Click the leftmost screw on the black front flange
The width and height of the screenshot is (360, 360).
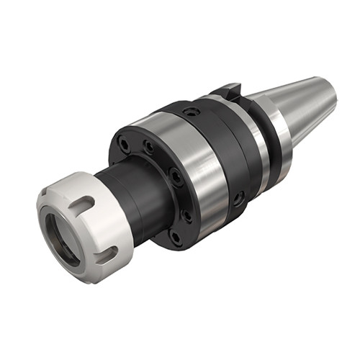125,144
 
